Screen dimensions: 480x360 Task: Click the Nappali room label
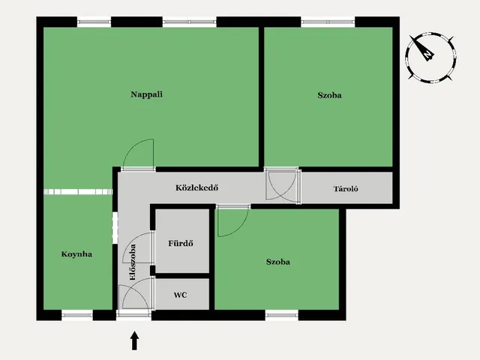pyautogui.click(x=147, y=94)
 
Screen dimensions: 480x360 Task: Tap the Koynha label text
pyautogui.click(x=76, y=254)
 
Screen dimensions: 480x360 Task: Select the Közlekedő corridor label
pyautogui.click(x=196, y=187)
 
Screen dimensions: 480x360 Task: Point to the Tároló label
pyautogui.click(x=346, y=188)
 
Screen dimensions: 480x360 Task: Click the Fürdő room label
pyautogui.click(x=181, y=243)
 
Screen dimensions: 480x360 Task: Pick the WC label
pyautogui.click(x=180, y=295)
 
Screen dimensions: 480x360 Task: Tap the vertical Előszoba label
pyautogui.click(x=133, y=262)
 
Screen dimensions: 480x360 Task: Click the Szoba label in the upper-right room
pyautogui.click(x=330, y=95)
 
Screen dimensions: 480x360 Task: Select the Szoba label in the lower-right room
pyautogui.click(x=278, y=262)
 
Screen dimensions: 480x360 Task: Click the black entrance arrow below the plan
pyautogui.click(x=134, y=340)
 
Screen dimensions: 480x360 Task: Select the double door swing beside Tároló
pyautogui.click(x=282, y=186)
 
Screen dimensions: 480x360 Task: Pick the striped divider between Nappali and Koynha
pyautogui.click(x=78, y=192)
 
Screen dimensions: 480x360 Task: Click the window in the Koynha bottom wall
pyautogui.click(x=77, y=315)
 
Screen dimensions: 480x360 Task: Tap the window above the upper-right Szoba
pyautogui.click(x=328, y=22)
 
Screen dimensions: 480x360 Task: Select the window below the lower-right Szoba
pyautogui.click(x=282, y=315)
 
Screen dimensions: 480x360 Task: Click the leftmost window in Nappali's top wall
pyautogui.click(x=94, y=22)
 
